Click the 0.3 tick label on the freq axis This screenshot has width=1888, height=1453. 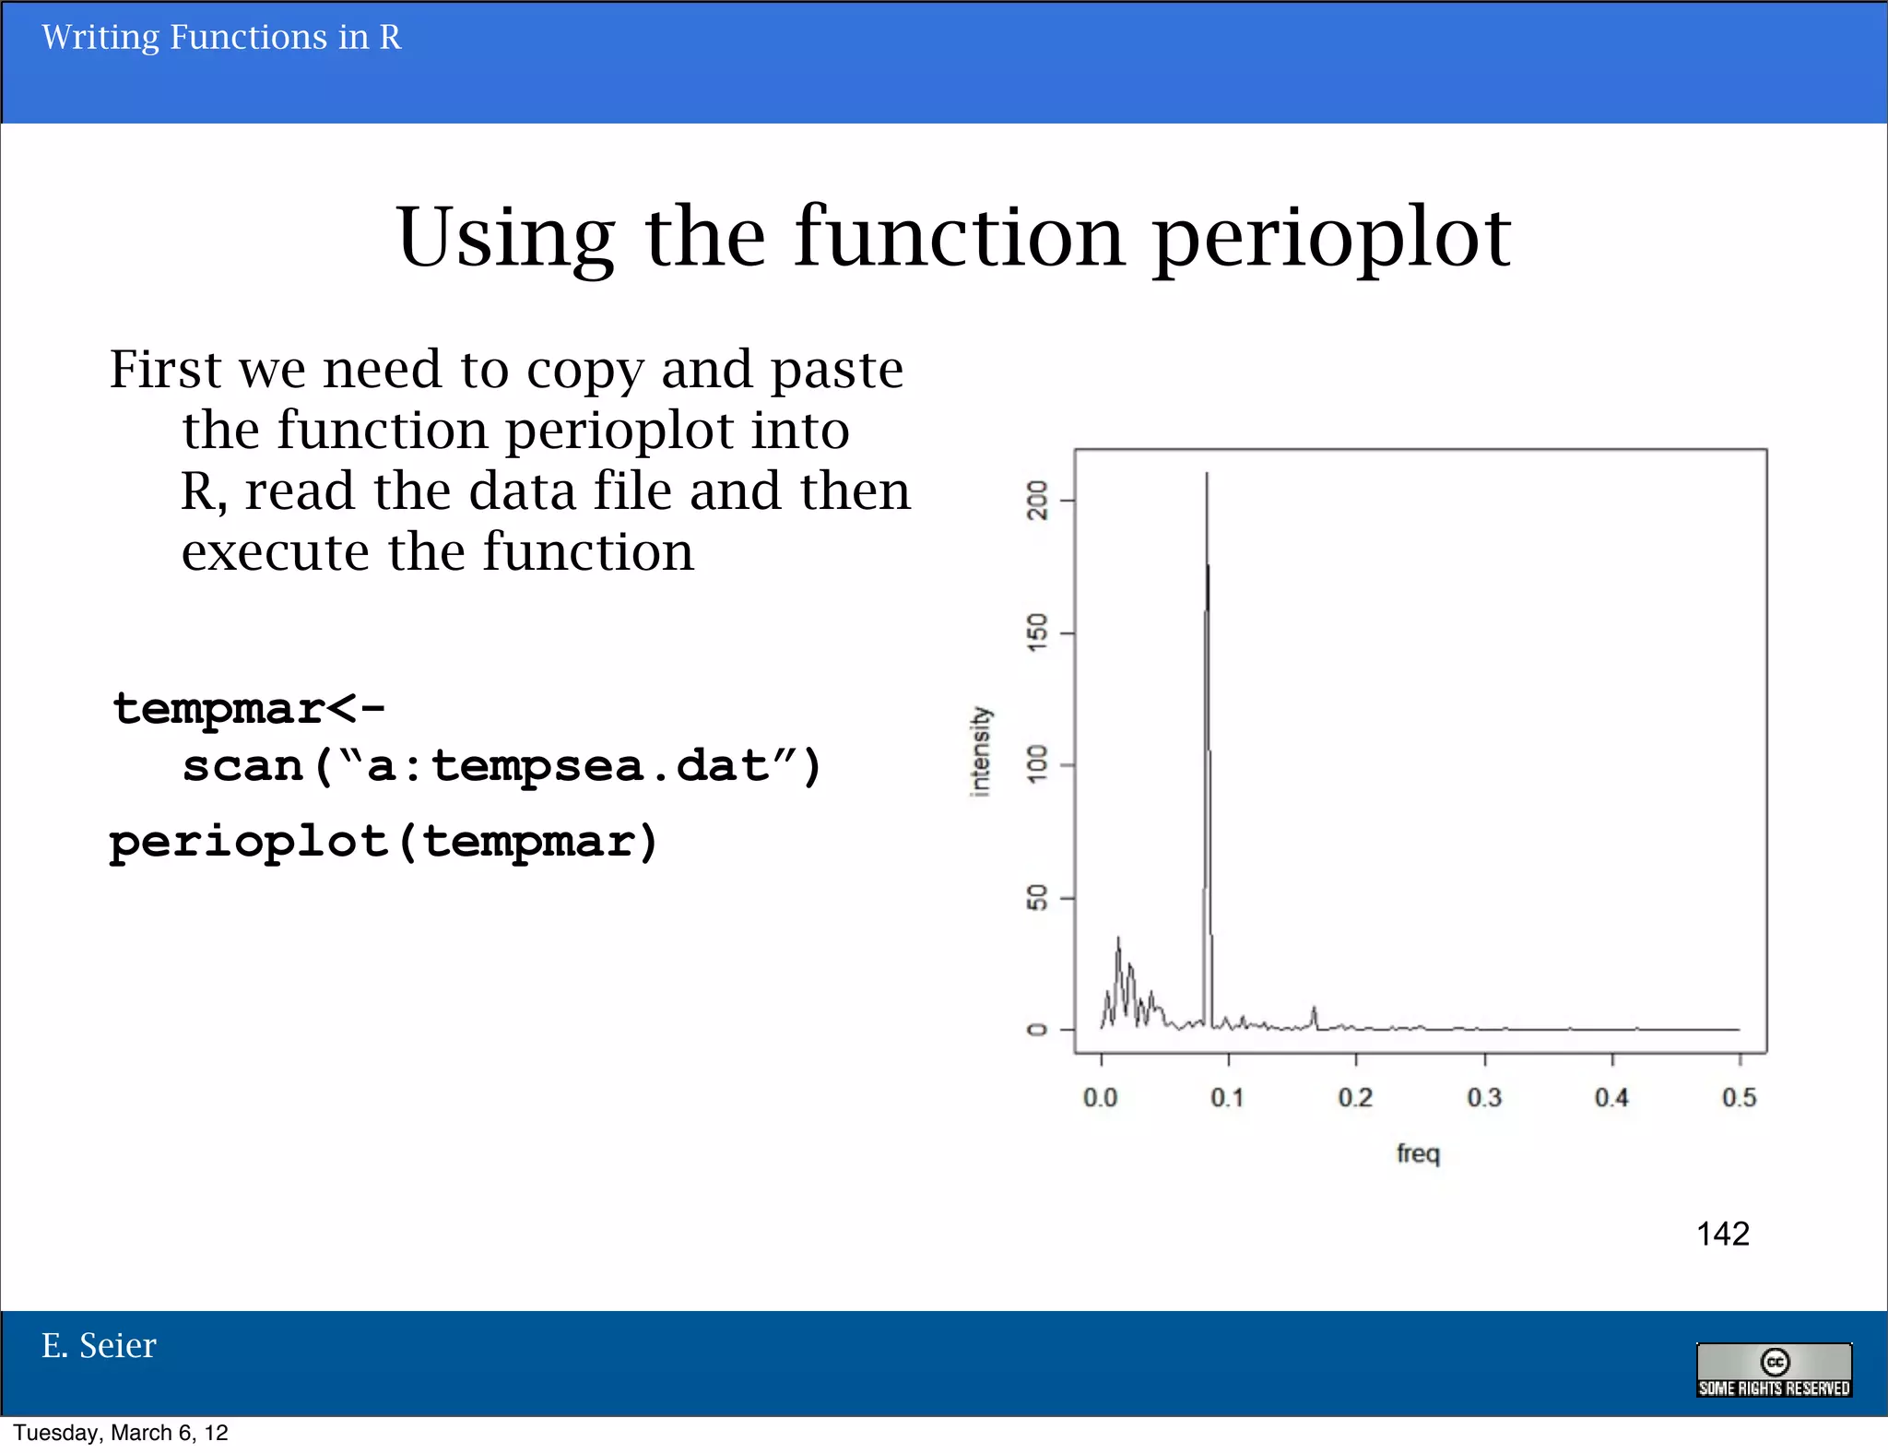click(x=1484, y=1097)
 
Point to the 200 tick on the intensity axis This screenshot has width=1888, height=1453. click(x=1038, y=501)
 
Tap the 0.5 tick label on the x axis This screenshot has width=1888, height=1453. click(x=1740, y=1097)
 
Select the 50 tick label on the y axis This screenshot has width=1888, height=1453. click(x=1038, y=898)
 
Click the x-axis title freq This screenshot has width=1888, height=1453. click(x=1418, y=1153)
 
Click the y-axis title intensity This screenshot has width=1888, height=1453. click(x=980, y=751)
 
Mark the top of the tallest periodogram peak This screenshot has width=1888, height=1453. click(x=1207, y=474)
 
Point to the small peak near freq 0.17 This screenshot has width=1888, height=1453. click(x=1314, y=1010)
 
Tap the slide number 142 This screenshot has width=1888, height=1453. click(x=1722, y=1234)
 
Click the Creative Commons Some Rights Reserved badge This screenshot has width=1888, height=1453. click(x=1774, y=1370)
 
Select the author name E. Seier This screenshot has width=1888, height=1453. click(x=99, y=1346)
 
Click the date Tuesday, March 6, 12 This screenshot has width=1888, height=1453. click(x=121, y=1433)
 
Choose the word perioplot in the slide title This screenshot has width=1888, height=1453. click(x=1332, y=238)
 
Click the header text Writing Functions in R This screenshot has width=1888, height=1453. click(x=221, y=38)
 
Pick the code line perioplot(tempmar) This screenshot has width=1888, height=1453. click(x=383, y=843)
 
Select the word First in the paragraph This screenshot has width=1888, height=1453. click(x=166, y=370)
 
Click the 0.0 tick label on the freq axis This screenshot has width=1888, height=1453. click(x=1100, y=1097)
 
